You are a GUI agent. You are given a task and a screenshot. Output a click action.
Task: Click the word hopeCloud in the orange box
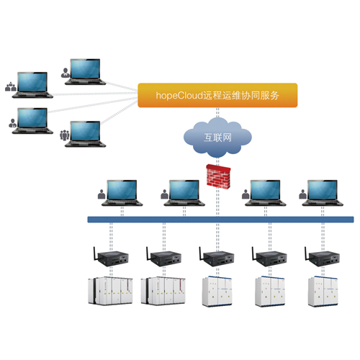[x=179, y=96]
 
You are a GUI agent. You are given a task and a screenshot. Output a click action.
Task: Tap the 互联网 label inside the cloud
[x=217, y=138]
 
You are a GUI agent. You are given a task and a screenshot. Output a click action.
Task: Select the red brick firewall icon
[x=218, y=176]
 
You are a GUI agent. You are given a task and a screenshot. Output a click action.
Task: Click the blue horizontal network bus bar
[x=220, y=220]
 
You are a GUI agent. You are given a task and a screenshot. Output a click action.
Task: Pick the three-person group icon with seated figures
[x=11, y=86]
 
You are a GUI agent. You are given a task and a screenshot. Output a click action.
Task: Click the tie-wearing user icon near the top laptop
[x=66, y=73]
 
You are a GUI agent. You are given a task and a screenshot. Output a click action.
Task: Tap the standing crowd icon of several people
[x=65, y=135]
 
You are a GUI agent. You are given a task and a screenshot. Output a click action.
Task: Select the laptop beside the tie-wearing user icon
[x=86, y=72]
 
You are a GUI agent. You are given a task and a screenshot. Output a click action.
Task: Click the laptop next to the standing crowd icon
[x=86, y=134]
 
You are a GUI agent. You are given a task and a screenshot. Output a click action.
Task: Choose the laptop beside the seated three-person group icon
[x=32, y=85]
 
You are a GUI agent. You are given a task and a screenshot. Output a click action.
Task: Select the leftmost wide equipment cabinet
[x=110, y=291]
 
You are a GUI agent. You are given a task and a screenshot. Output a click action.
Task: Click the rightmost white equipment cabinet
[x=323, y=291]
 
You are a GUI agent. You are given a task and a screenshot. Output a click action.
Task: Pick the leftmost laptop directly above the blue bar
[x=122, y=193]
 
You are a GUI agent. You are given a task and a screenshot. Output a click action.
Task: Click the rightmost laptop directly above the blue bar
[x=323, y=193]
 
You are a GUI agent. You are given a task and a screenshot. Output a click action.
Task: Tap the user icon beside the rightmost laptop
[x=303, y=194]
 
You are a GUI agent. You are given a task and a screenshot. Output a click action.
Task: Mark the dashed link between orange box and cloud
[x=217, y=113]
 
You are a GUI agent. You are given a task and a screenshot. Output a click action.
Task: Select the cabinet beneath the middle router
[x=217, y=291]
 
